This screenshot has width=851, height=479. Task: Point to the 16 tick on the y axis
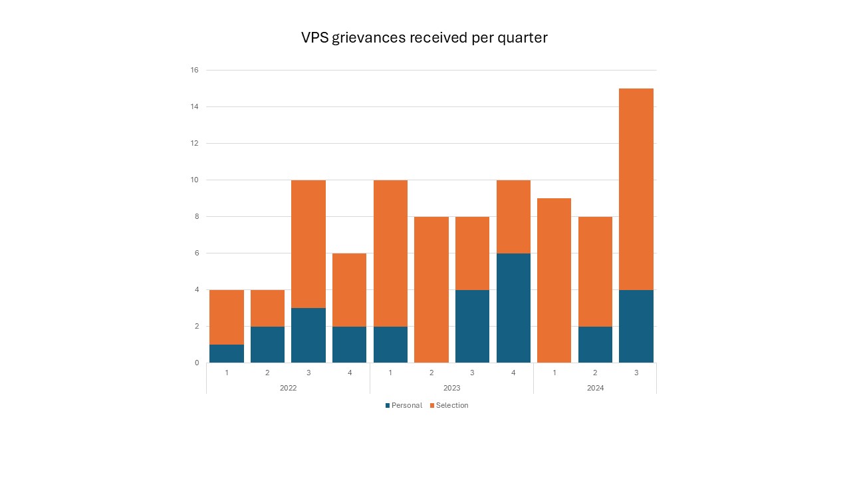[195, 70]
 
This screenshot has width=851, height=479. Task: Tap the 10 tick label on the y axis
[195, 180]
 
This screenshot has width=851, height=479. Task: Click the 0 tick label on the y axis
[196, 363]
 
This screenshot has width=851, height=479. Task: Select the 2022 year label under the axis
[288, 388]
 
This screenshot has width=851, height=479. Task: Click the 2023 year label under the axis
[451, 388]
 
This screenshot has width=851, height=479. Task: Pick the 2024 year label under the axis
[595, 388]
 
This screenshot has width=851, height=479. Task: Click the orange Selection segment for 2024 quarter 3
[636, 189]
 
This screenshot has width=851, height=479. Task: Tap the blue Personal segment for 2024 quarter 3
[636, 326]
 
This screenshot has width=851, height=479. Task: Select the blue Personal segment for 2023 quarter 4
[513, 308]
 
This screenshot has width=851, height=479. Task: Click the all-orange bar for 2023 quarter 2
[431, 289]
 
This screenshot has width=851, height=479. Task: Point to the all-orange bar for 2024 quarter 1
[554, 280]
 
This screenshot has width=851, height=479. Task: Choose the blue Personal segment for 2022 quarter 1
[227, 353]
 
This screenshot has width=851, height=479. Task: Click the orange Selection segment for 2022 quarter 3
[308, 243]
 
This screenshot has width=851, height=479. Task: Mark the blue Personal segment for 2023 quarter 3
[472, 326]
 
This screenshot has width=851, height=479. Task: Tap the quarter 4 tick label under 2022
[350, 373]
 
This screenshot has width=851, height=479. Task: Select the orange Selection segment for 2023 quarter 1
[390, 253]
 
